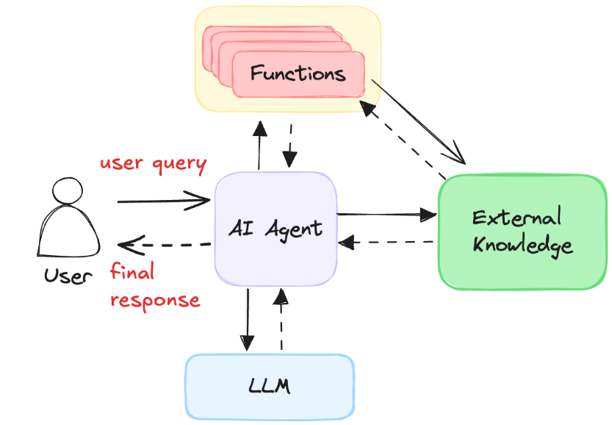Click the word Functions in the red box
point(298,73)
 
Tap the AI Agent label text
point(276,229)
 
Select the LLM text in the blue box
point(270,386)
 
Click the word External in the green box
point(516,217)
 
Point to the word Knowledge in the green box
point(522,246)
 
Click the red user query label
point(154,164)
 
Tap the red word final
point(132,271)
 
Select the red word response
point(155,301)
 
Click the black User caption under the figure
point(68,276)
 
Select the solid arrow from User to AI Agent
point(164,201)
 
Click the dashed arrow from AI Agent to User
point(164,245)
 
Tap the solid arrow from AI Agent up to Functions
point(259,146)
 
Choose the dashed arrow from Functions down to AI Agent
point(290,146)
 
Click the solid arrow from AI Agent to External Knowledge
point(386,215)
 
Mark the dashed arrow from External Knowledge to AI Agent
point(386,242)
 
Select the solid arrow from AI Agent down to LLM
point(247,320)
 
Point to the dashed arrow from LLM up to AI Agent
point(281,319)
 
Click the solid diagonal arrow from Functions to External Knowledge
point(418,122)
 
